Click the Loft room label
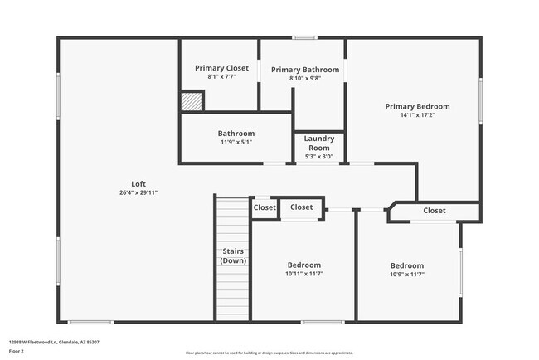138,183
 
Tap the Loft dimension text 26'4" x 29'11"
138,192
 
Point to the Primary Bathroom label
304,70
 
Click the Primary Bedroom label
417,106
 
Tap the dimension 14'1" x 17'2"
417,115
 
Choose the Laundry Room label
318,143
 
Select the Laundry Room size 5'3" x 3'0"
318,156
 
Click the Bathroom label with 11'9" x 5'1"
236,133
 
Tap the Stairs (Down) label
232,255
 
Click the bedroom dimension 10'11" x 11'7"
304,274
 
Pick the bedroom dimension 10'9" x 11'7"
407,275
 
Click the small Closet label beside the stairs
265,207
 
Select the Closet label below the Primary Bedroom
435,211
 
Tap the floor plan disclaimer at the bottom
269,353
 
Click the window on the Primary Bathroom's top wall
304,37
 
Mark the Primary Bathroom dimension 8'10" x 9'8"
304,79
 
